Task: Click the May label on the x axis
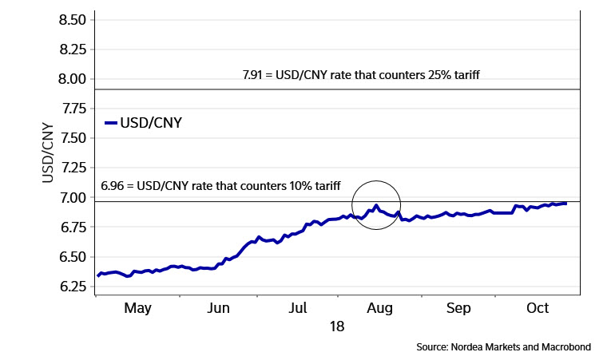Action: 138,307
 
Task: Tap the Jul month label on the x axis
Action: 298,307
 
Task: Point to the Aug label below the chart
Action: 379,307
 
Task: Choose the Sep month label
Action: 458,307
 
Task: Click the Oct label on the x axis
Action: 538,307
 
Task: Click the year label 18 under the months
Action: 337,326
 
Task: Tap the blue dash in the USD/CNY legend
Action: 111,123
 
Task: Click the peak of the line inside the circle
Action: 375,205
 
